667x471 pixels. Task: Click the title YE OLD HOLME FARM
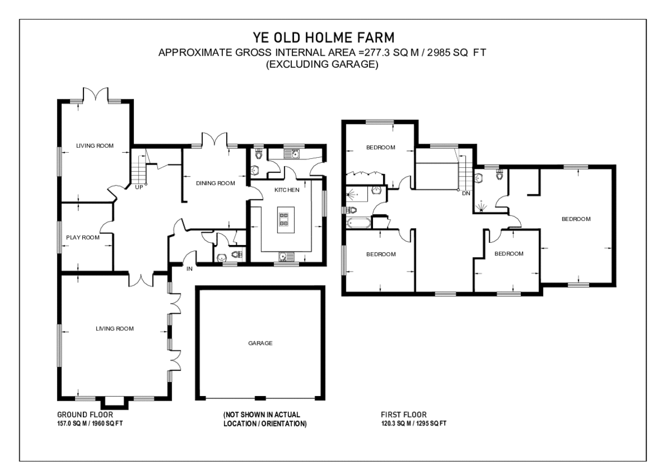(323, 38)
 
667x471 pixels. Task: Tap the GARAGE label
(260, 343)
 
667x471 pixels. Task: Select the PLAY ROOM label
(82, 237)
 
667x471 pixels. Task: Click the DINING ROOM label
(215, 183)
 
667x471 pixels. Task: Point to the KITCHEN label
(287, 190)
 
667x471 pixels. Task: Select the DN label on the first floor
(465, 193)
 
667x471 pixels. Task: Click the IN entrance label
(189, 269)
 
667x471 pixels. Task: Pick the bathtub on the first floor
(359, 223)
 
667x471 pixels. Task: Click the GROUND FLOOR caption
(85, 415)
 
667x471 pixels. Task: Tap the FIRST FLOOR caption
(404, 415)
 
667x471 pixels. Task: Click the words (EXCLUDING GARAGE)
(322, 64)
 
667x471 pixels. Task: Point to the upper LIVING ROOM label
(94, 146)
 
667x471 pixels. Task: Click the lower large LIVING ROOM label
(115, 329)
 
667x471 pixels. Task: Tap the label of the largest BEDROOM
(575, 219)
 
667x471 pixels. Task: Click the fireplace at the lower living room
(114, 401)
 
